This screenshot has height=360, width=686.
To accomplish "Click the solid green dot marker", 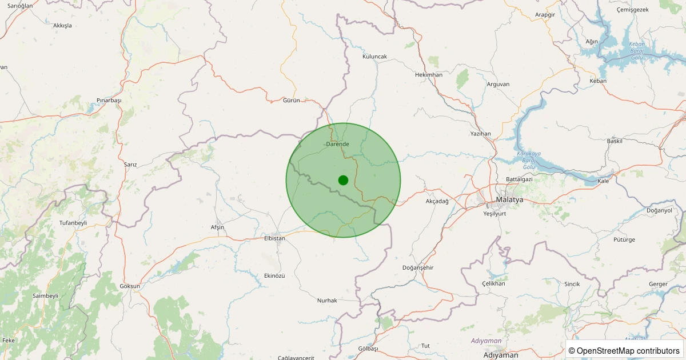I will point(343,180).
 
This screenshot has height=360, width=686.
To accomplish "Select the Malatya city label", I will point(509,199).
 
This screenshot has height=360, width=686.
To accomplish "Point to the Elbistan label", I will point(274,238).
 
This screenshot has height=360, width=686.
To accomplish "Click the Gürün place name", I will point(292,100).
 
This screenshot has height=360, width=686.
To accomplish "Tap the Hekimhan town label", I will point(429,75).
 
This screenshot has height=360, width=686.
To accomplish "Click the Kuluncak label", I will point(375,57).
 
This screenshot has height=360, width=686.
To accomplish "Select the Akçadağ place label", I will point(437,201).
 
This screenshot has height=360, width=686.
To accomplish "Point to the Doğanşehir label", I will point(418,267).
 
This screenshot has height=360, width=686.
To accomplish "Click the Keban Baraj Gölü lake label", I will point(637,51).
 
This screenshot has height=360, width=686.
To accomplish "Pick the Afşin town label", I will point(217,227).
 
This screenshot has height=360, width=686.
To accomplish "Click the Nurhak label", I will point(327,300).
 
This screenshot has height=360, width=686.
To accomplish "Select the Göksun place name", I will point(130,286).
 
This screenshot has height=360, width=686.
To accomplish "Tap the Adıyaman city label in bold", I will point(500,355).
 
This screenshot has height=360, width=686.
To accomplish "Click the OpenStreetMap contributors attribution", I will point(624,350).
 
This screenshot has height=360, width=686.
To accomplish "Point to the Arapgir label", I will point(545,14).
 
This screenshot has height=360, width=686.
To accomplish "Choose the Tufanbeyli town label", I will point(73,222).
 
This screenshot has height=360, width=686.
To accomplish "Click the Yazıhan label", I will point(480,133).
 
